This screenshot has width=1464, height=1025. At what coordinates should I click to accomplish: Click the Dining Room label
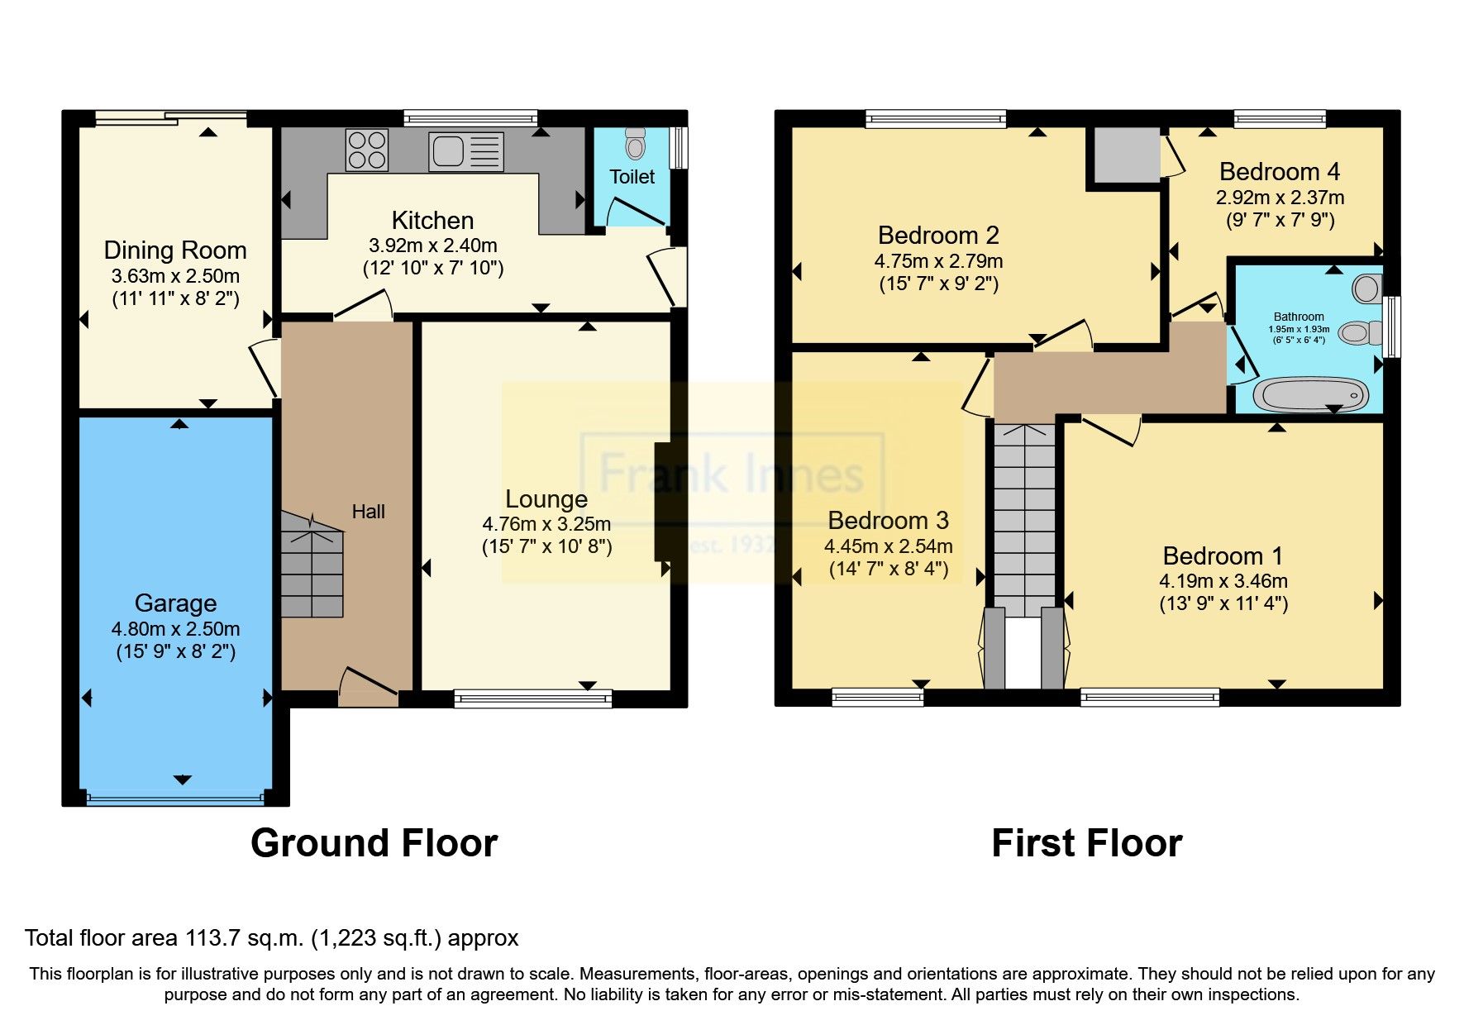pyautogui.click(x=175, y=250)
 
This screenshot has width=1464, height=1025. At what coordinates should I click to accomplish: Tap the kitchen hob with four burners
pyautogui.click(x=367, y=150)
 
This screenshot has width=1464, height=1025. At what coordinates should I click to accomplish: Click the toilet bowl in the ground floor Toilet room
pyautogui.click(x=635, y=145)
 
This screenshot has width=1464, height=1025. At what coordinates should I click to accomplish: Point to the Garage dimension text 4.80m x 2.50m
pyautogui.click(x=175, y=629)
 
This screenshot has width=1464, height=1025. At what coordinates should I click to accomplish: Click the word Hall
pyautogui.click(x=368, y=512)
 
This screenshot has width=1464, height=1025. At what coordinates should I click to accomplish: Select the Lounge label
pyautogui.click(x=546, y=498)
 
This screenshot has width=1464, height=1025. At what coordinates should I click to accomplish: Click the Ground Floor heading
pyautogui.click(x=374, y=843)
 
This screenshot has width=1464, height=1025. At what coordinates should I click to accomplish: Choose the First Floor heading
pyautogui.click(x=1086, y=843)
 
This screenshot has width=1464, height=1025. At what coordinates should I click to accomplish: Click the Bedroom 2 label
pyautogui.click(x=938, y=236)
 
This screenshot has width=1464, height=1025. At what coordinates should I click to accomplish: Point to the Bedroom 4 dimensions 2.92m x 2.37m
pyautogui.click(x=1279, y=198)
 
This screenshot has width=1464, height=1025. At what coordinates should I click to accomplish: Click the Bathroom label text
pyautogui.click(x=1298, y=317)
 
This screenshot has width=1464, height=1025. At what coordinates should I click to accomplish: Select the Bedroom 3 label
pyautogui.click(x=888, y=521)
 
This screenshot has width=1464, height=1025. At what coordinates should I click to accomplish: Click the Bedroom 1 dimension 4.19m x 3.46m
pyautogui.click(x=1223, y=581)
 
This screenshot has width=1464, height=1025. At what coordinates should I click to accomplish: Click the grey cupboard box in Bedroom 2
pyautogui.click(x=1127, y=155)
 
